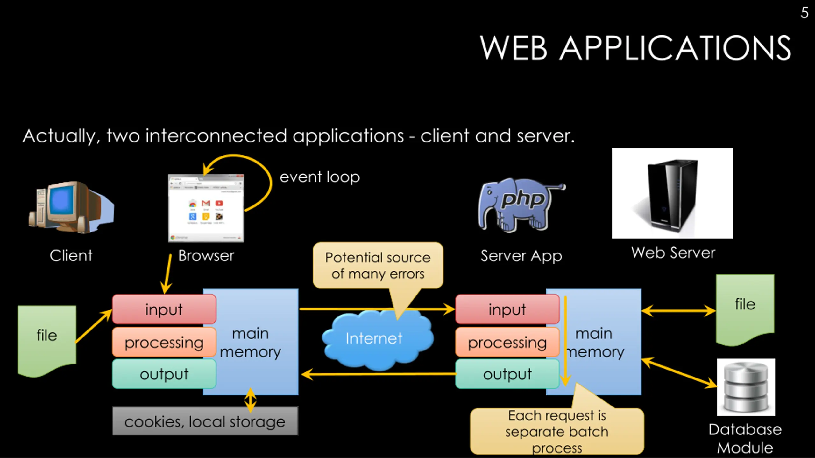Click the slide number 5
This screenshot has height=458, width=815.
(x=804, y=13)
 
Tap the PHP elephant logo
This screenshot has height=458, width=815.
(x=521, y=205)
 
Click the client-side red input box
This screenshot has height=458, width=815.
(x=164, y=309)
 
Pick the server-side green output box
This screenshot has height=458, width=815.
(x=507, y=374)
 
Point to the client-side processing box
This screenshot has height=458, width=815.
(x=164, y=342)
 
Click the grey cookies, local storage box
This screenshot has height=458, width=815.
(x=205, y=421)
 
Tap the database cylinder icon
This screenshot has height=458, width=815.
(x=746, y=387)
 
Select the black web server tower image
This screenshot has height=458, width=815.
(x=672, y=193)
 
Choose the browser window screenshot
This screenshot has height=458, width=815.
(x=206, y=208)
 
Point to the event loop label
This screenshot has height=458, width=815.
(x=320, y=177)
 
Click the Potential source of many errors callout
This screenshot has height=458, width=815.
(x=378, y=265)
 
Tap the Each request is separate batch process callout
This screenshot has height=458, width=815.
(x=557, y=431)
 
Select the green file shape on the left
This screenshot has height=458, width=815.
(x=47, y=339)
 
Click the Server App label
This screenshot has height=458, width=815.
(x=521, y=256)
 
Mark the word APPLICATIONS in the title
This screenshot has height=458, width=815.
(x=675, y=48)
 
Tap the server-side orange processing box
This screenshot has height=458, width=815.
(x=507, y=342)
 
